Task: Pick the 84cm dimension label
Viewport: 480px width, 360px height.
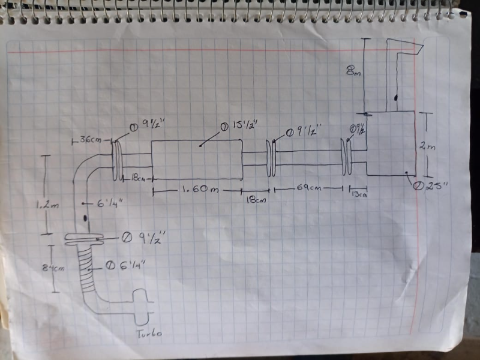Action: coord(55,268)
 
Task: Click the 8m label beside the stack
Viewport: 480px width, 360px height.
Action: coord(353,71)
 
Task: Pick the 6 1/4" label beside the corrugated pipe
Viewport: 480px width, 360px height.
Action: coord(124,265)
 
